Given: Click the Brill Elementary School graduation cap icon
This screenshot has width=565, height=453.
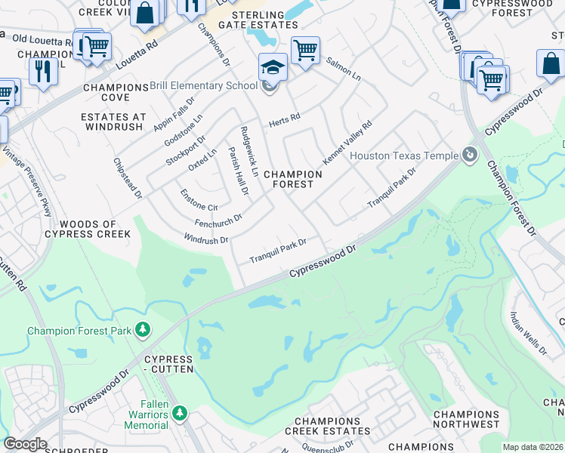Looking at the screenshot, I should (x=273, y=69).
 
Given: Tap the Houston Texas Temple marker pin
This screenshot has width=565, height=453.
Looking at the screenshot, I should (x=471, y=156).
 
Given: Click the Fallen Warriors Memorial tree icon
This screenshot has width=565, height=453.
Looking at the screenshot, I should (x=179, y=413).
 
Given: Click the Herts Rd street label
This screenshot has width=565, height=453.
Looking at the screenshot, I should (x=285, y=120).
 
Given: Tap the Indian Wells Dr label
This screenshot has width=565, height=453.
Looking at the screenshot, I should (x=529, y=333).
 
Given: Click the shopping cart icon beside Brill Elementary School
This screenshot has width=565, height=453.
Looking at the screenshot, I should (x=305, y=51).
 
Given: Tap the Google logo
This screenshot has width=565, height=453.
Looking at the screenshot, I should (x=25, y=444).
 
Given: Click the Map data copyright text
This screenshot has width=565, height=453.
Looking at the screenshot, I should (x=533, y=447).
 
